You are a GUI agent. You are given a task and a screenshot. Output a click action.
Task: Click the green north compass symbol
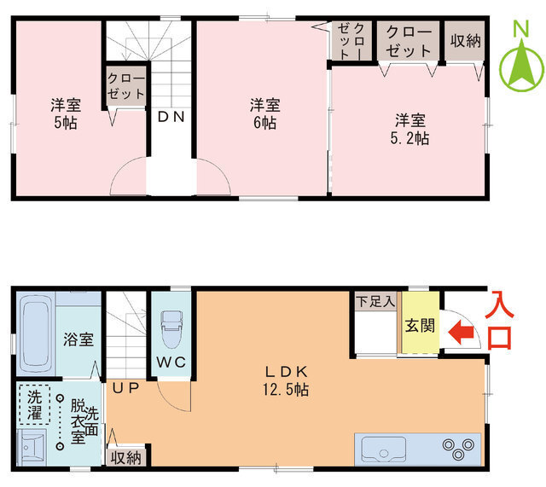coord(521,65)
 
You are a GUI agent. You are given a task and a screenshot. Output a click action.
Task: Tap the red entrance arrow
coord(462,333)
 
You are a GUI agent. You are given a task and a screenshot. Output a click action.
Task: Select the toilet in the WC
coord(171,329)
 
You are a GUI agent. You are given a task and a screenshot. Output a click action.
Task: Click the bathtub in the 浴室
coord(35,333)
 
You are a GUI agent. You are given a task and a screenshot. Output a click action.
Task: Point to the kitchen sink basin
coord(384,449)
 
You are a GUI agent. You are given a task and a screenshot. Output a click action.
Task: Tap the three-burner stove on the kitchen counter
coord(459,449)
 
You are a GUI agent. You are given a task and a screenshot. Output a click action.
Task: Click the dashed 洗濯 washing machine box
coord(34,404)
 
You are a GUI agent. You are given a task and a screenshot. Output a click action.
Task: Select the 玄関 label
coord(421,326)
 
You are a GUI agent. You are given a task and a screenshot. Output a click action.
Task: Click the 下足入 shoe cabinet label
coord(375,301)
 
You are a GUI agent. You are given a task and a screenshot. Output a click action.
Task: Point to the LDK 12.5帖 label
coord(287,380)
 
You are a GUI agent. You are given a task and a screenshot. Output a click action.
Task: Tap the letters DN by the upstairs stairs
coord(171,117)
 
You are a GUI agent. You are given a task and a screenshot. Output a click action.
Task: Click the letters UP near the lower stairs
coord(126,388)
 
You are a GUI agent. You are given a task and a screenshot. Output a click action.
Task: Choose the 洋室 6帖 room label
coord(265,113)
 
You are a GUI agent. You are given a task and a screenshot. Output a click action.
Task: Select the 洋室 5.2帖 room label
coord(409,129)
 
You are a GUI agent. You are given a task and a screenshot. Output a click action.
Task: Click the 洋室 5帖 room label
coord(66,113)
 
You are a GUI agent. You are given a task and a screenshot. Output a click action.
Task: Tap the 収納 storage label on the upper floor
coord(465,41)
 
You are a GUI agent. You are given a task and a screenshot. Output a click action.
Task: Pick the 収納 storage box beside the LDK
coord(125,457)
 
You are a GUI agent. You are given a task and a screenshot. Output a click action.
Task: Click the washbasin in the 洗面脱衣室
coord(32,447)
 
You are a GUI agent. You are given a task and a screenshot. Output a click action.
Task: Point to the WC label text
coord(171,362)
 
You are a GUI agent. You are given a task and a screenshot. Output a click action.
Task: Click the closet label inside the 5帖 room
coord(125,86)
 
